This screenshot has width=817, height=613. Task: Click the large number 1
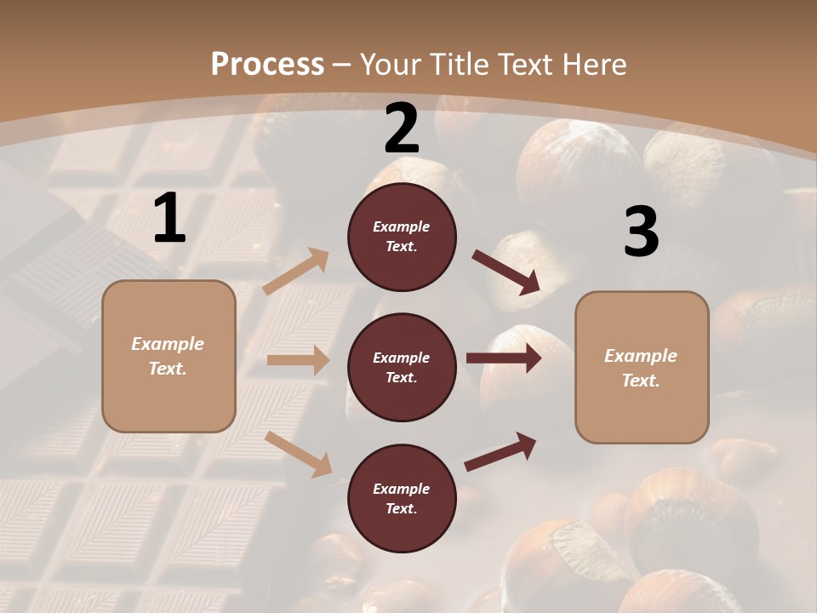[x=169, y=219]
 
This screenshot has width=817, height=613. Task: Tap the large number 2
[x=402, y=129]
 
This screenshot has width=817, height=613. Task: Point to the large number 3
[x=641, y=232]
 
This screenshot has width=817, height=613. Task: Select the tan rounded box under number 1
[x=169, y=356]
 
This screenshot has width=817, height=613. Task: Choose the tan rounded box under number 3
[x=642, y=368]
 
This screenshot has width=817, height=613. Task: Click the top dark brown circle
[x=402, y=237]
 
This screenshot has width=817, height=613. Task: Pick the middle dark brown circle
[x=402, y=368]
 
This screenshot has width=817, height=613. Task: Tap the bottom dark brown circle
[x=402, y=499]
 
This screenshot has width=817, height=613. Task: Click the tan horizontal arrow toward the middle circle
[x=298, y=360]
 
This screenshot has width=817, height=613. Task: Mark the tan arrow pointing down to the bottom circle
[x=299, y=453]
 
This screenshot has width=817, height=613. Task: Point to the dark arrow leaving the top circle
[x=506, y=272]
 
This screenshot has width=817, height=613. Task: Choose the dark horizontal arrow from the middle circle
[x=504, y=358]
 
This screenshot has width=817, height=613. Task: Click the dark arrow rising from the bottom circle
[x=501, y=451]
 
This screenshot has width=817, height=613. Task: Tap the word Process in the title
[x=267, y=64]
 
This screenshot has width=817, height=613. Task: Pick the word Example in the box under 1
[x=168, y=344]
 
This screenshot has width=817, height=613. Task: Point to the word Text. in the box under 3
[x=641, y=381]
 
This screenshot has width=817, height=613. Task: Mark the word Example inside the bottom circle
[x=401, y=489]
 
